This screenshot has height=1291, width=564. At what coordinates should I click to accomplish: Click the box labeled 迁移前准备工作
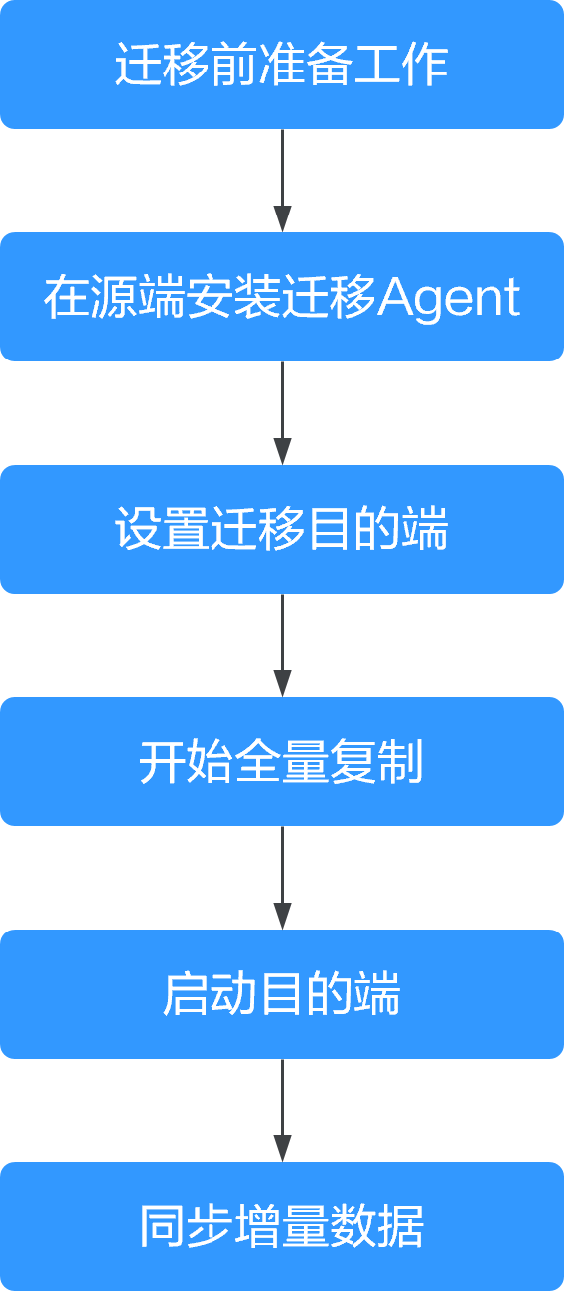click(x=282, y=65)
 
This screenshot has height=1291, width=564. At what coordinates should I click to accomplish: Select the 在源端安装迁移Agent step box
click(x=282, y=297)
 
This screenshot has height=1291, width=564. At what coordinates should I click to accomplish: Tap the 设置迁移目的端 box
click(x=282, y=529)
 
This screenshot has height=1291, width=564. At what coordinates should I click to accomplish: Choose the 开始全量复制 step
click(x=282, y=762)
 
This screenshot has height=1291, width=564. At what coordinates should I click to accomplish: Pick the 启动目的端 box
click(x=282, y=994)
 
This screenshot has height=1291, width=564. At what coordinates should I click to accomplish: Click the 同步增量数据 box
click(x=282, y=1226)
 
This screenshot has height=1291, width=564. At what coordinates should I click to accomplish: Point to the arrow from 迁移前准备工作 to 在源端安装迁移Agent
click(x=282, y=181)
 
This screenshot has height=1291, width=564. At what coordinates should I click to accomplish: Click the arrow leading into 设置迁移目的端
click(x=282, y=413)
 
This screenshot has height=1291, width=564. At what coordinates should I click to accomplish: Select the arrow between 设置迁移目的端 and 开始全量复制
click(x=282, y=645)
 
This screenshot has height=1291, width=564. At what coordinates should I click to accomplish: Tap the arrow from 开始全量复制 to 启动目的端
click(x=282, y=878)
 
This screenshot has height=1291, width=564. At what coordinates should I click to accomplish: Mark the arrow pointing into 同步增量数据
click(x=282, y=1110)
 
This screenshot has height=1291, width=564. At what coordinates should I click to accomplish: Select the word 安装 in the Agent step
click(x=234, y=297)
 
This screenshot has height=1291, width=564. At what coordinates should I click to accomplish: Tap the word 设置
click(x=162, y=529)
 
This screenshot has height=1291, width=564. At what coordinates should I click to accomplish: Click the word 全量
click(x=282, y=762)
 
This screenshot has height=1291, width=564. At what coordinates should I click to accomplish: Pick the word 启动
click(x=211, y=994)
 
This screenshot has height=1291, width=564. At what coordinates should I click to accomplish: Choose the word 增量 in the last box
click(x=282, y=1226)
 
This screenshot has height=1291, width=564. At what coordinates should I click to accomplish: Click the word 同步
click(x=187, y=1226)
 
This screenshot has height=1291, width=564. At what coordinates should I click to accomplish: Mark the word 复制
click(x=376, y=762)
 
